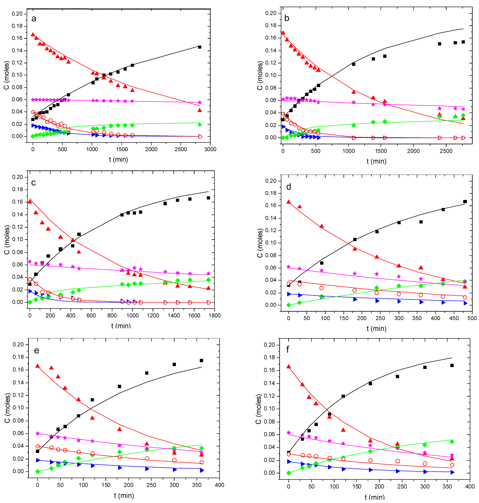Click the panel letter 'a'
[x=34, y=19]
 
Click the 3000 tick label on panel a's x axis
[x=210, y=149]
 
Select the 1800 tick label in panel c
[x=214, y=316]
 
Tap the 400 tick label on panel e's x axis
[x=219, y=485]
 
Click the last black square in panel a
[x=200, y=47]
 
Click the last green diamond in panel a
[x=200, y=125]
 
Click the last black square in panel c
[x=208, y=198]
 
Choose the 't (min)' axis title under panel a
[x=118, y=160]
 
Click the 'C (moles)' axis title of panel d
[x=260, y=243]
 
